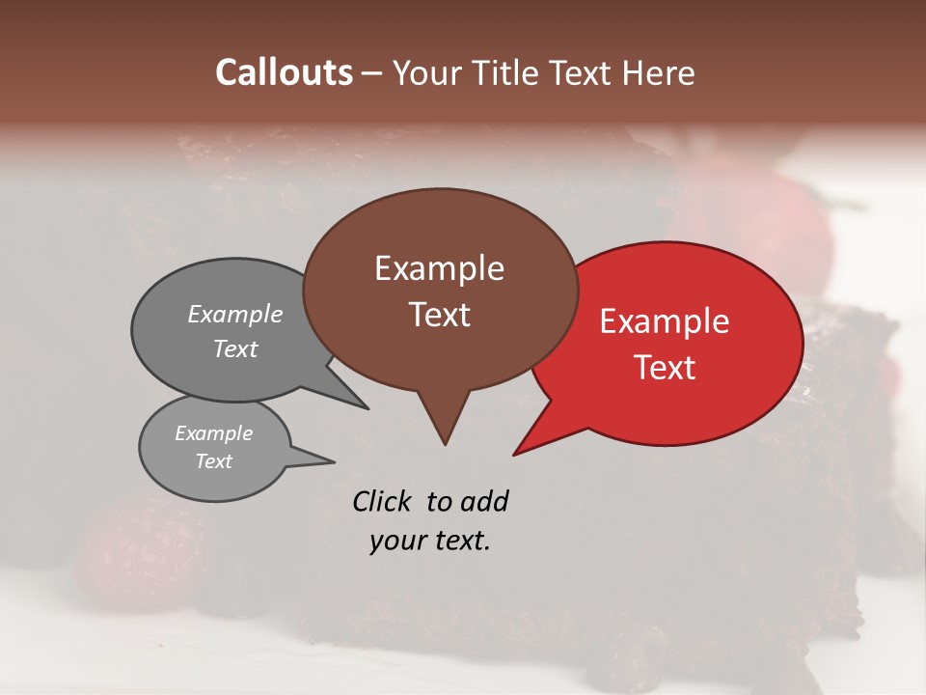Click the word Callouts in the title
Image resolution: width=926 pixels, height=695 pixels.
pos(284,72)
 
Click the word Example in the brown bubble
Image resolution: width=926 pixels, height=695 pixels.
pos(439,268)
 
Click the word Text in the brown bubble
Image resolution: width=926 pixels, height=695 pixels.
pos(439,315)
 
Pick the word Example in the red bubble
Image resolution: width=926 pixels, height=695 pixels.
pos(665,321)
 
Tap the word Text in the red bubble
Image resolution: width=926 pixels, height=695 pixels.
pos(665,368)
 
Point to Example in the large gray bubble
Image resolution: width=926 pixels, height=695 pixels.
pos(235,314)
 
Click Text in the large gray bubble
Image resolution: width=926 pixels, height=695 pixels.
pos(235,348)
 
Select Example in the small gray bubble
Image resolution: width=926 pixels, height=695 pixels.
pos(213,433)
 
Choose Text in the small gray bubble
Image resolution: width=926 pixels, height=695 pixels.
pos(213,461)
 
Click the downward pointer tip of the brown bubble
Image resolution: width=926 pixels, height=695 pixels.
pos(445,444)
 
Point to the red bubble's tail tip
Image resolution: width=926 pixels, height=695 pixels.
pos(514,454)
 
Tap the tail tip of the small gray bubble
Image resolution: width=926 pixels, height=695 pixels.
pos(334,461)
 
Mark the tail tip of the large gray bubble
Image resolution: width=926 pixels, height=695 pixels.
pos(368,408)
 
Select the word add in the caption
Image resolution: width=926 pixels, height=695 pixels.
pos(483,501)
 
